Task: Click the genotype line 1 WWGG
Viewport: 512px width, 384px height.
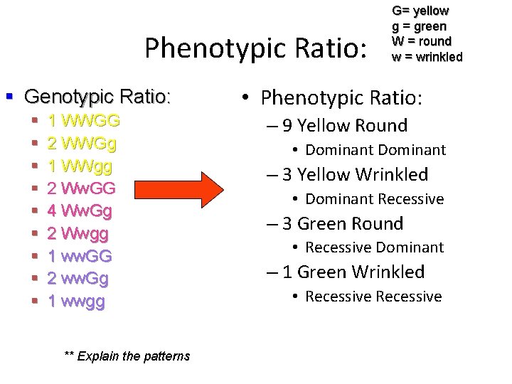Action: click(x=83, y=120)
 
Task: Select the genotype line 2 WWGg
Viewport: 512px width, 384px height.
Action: click(x=82, y=143)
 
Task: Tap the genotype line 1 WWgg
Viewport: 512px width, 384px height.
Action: click(x=80, y=166)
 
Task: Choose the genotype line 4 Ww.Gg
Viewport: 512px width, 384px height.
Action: click(x=80, y=211)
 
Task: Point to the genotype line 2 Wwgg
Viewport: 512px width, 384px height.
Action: click(x=78, y=234)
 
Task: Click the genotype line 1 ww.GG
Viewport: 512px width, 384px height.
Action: click(x=79, y=256)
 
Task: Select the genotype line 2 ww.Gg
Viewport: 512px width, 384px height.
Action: click(x=78, y=279)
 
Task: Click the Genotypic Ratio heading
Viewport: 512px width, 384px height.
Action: click(x=97, y=96)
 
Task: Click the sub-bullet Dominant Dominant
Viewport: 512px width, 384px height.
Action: click(x=375, y=150)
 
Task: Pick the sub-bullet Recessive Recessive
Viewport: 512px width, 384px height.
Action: click(x=373, y=297)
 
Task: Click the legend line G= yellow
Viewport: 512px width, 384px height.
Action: click(x=420, y=11)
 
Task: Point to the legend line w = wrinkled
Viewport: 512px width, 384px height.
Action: click(x=427, y=57)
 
